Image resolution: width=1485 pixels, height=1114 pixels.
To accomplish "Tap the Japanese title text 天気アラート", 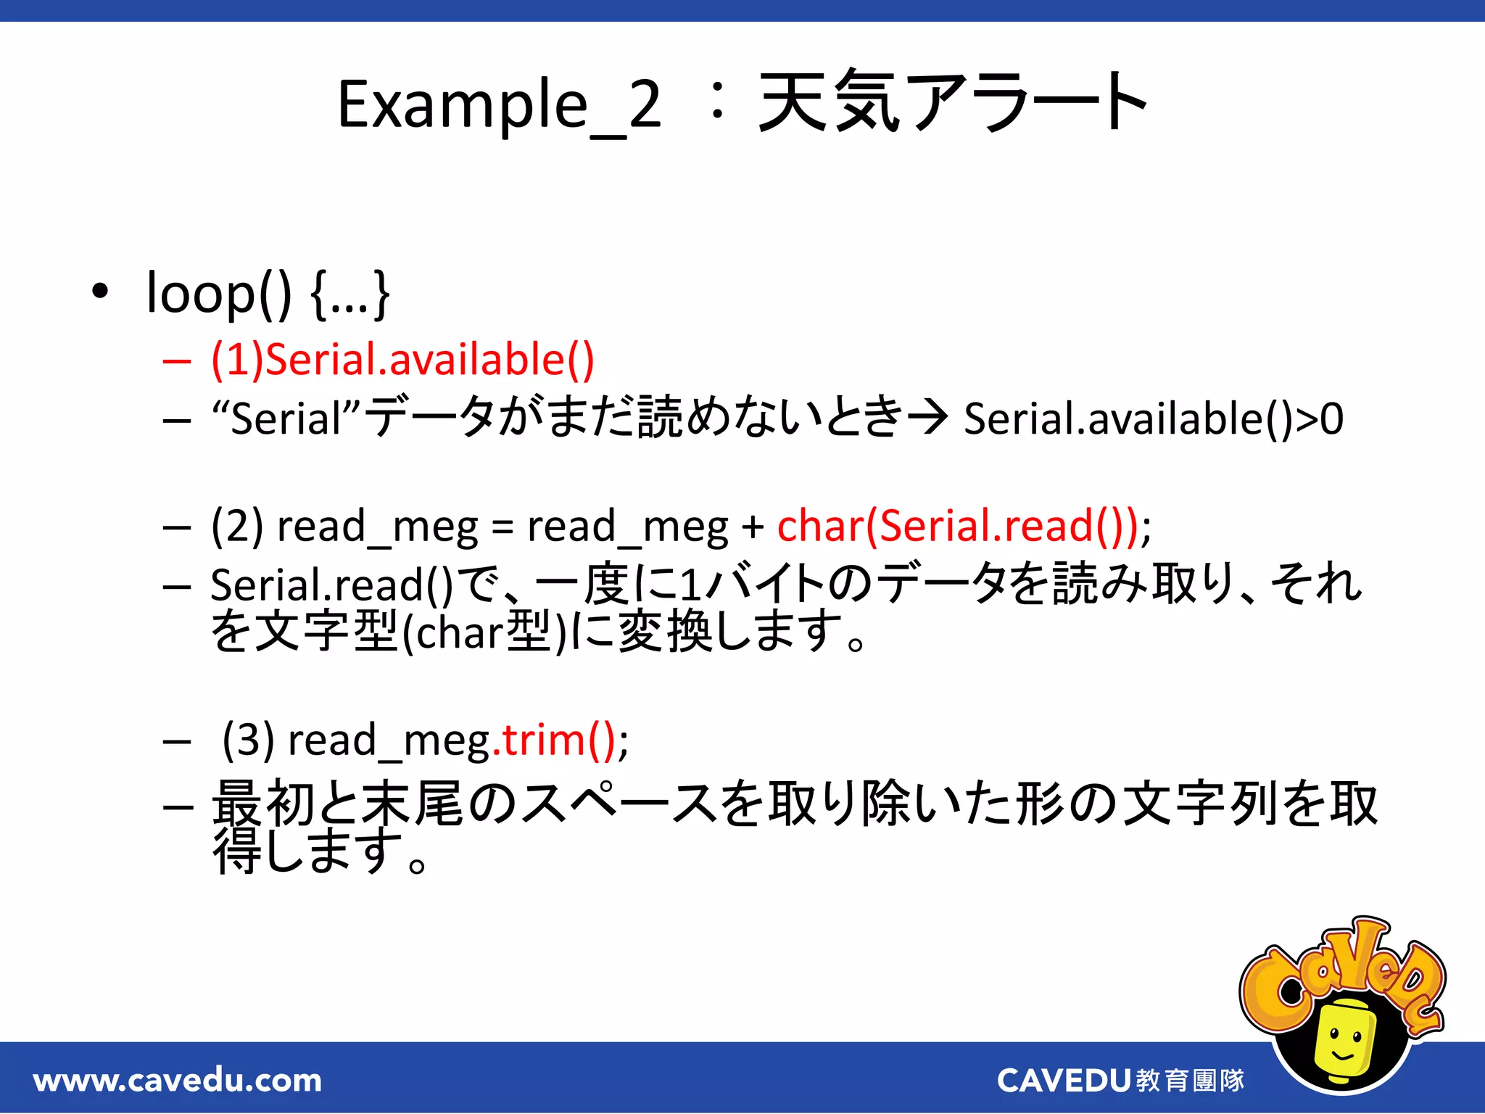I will coord(951,104).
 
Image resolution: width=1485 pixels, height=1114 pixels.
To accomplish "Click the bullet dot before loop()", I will coord(100,292).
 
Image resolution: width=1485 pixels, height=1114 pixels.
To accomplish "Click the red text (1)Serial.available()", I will coord(403,360).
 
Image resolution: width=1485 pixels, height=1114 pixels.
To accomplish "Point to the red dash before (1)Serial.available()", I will coord(176,360).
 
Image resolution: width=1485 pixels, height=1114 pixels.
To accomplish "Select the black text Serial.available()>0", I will coord(1153,419).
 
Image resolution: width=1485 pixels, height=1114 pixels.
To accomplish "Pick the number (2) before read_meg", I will coord(237,525).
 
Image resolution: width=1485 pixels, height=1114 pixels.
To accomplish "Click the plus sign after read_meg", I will coord(753,527).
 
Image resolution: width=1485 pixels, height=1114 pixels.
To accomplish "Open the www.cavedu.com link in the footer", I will coord(178,1081).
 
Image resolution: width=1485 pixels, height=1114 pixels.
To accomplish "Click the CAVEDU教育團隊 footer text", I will coord(1120,1081).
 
